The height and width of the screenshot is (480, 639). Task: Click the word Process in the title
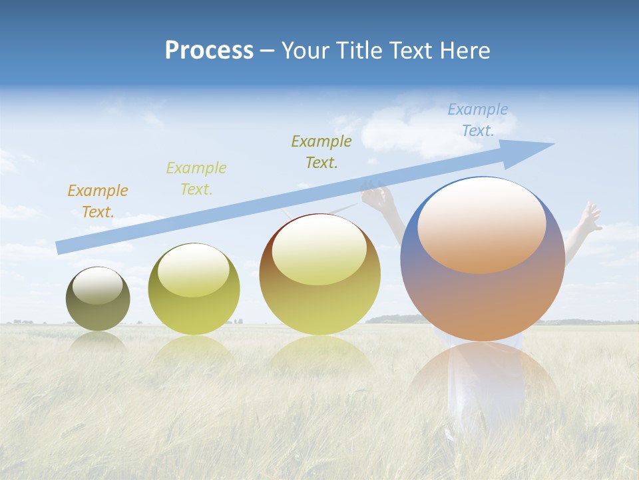pos(209,51)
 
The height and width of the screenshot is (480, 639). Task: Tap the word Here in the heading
pos(464,51)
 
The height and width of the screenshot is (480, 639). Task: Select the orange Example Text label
pos(97,201)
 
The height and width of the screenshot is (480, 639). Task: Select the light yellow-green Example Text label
pos(196,179)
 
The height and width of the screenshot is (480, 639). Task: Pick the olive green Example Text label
pos(321,152)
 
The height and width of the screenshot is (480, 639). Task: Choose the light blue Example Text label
pos(477,120)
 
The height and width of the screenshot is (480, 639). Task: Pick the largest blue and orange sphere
pos(483,300)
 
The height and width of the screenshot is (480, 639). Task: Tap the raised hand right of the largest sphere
pos(589,217)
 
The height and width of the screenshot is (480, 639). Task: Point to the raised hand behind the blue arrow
pos(377,197)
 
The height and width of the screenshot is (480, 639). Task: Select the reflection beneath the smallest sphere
pos(97,342)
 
